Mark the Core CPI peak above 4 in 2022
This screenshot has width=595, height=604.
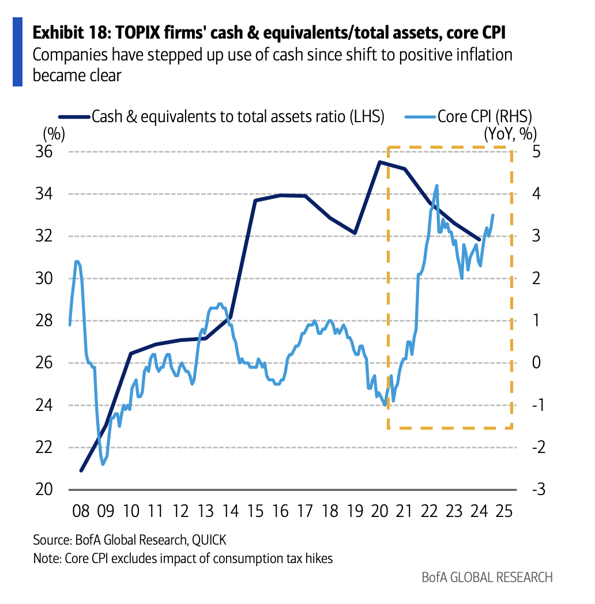point(436,186)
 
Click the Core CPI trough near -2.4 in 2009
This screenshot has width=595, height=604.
point(103,464)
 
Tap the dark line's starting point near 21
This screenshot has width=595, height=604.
point(81,470)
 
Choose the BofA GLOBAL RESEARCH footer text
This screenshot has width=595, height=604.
point(487,577)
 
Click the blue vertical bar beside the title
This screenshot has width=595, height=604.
point(17,52)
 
